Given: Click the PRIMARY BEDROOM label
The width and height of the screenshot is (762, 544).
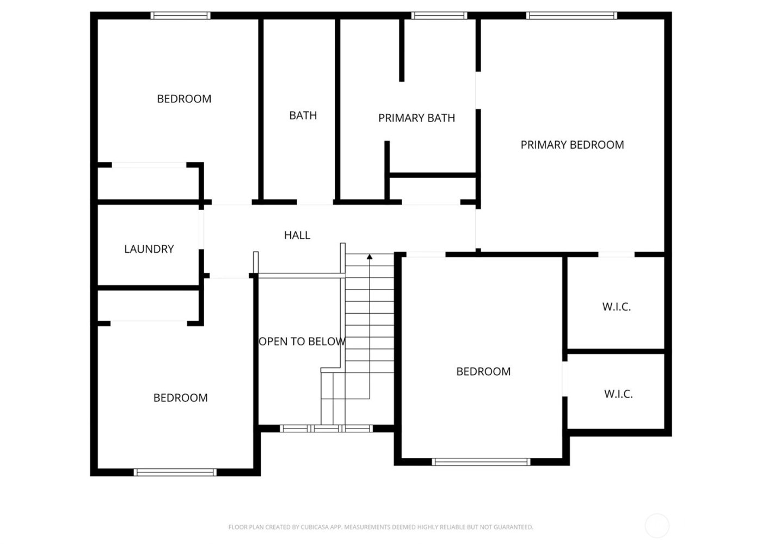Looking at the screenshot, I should point(572,145).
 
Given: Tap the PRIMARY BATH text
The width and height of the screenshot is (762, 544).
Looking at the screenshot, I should point(416,118).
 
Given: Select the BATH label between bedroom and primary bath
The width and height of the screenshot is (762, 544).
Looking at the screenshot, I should point(303,115).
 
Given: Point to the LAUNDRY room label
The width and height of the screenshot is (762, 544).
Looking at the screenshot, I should point(149,249).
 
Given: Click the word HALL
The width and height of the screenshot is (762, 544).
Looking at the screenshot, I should point(297,235).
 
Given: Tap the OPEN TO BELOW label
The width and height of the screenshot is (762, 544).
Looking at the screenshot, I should point(302,342).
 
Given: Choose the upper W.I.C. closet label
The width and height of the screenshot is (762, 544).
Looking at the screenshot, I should point(616,307).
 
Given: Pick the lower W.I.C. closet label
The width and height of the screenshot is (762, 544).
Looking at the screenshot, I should point(618,394).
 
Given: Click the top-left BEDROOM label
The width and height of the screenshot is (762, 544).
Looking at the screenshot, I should point(184,99).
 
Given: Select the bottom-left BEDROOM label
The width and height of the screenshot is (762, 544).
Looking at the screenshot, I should point(180,398).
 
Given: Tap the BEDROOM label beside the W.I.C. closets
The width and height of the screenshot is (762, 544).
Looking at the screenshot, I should point(483,372).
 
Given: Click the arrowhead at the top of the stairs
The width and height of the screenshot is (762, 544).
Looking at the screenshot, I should point(370,256).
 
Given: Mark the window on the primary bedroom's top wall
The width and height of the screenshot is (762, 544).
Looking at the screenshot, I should point(571,16).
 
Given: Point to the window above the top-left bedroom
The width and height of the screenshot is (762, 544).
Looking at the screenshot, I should point(180,16).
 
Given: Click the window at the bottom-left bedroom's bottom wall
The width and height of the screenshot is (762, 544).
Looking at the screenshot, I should point(175,472).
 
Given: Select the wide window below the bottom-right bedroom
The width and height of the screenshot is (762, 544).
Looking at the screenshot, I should point(481,462).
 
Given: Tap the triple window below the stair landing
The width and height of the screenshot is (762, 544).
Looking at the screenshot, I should point(327,429).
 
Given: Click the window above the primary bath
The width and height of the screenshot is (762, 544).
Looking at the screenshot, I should point(439,16).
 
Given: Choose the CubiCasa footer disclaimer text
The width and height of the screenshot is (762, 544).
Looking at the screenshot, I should point(380,527).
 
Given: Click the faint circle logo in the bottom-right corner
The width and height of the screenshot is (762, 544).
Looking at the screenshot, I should point(656,526).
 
